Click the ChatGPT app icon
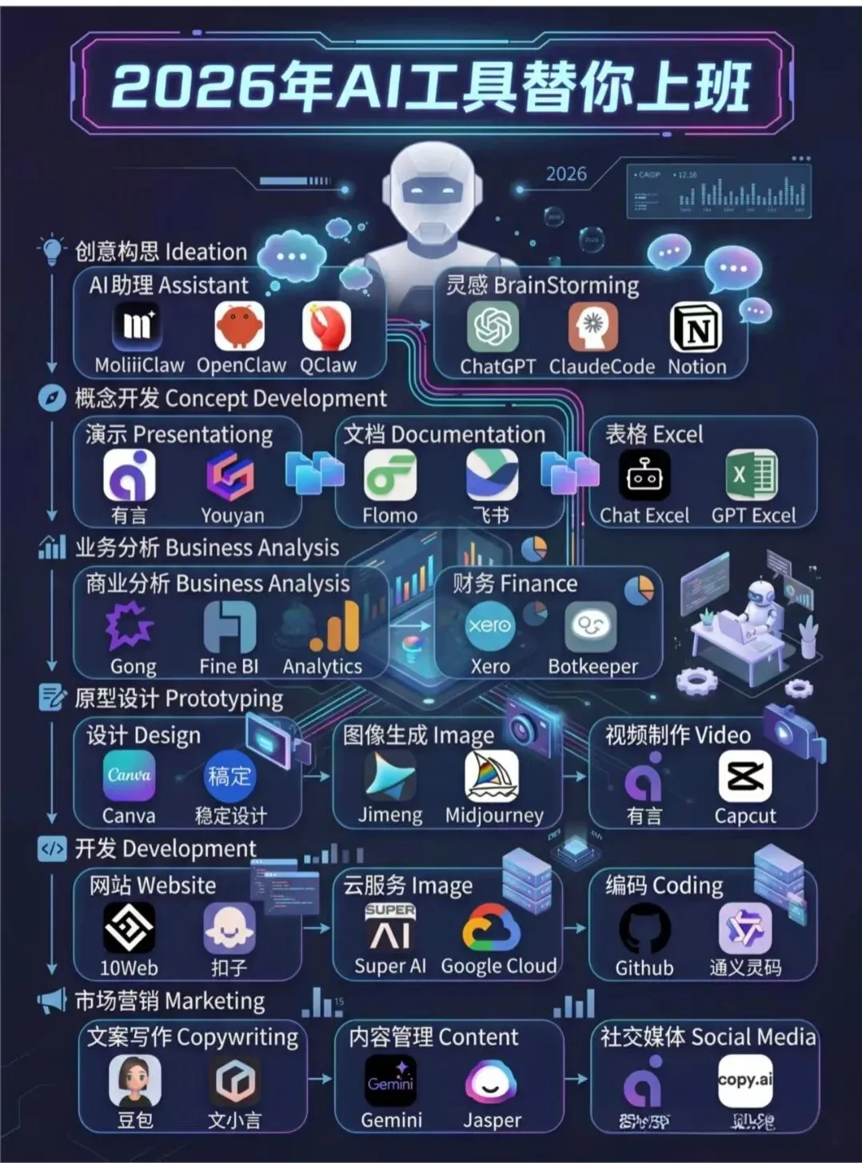[x=493, y=327]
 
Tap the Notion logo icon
[x=696, y=327]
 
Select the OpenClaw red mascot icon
[x=240, y=327]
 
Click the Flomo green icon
[x=390, y=476]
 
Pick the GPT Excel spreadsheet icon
[x=752, y=476]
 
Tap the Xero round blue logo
[x=489, y=625]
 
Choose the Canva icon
[x=129, y=775]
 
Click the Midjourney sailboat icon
[x=492, y=775]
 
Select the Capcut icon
[x=744, y=775]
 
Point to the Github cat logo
[x=645, y=928]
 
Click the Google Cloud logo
[x=492, y=928]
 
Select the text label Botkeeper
[x=593, y=667]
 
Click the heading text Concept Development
[x=276, y=398]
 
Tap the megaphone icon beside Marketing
[x=52, y=1000]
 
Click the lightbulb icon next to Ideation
[x=52, y=249]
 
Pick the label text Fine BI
[x=229, y=667]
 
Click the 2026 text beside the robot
[x=566, y=174]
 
